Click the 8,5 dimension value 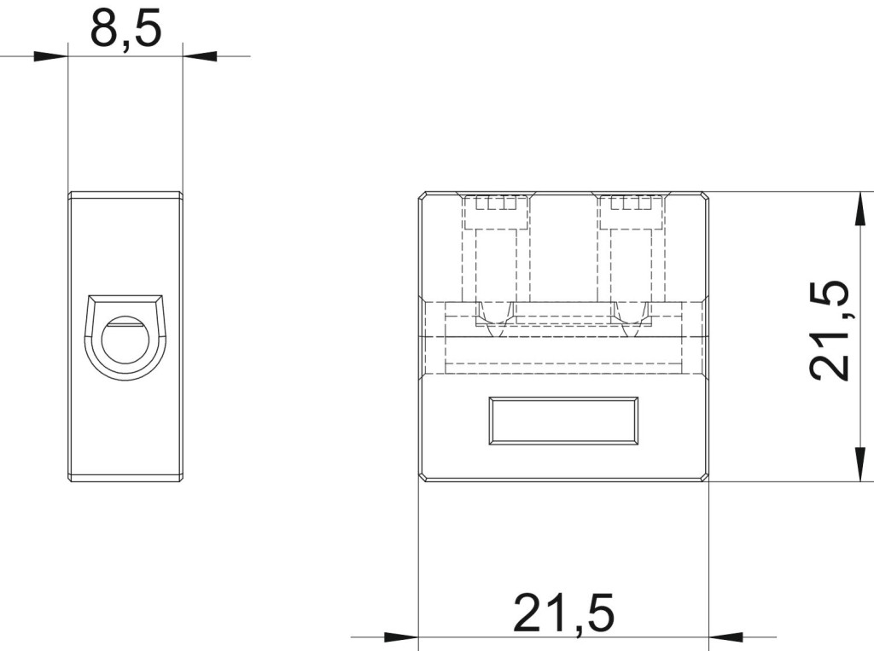tap(125, 29)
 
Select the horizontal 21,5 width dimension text tap(563, 613)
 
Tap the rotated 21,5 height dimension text tap(830, 330)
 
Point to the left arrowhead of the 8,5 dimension tap(50, 56)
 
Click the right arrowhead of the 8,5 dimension tap(200, 56)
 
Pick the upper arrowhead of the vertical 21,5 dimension tap(862, 209)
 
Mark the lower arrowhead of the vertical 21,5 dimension tap(862, 464)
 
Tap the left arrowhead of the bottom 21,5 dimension tap(401, 636)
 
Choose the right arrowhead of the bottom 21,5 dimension tap(725, 636)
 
